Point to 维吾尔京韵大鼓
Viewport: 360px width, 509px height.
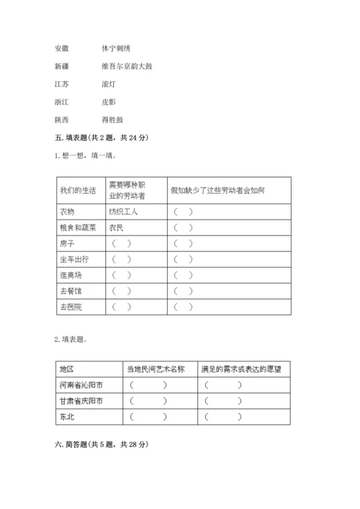tap(127, 66)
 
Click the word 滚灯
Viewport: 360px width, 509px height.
tap(109, 84)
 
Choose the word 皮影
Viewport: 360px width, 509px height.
tap(109, 102)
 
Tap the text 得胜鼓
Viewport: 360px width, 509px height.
tap(113, 120)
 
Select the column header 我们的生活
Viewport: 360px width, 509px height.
tap(78, 190)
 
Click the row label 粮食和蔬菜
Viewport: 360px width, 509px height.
tap(78, 228)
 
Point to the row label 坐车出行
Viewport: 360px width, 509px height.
tap(74, 259)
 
